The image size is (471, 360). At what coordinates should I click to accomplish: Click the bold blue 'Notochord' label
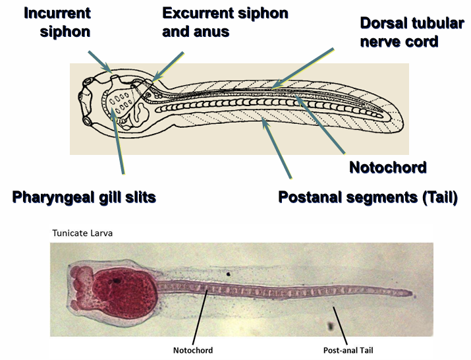pos(387,167)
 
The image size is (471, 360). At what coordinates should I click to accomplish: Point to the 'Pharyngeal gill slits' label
pos(84,196)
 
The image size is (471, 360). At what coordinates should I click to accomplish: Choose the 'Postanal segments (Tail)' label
pos(368,196)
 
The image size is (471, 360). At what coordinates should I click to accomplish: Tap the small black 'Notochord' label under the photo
pos(192,350)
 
